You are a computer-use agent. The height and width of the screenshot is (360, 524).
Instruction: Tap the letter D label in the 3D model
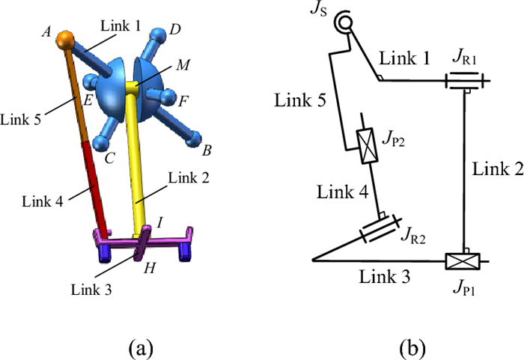click(174, 29)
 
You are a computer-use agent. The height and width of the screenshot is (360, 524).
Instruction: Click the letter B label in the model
click(207, 150)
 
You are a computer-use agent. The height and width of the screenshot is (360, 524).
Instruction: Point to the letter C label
click(110, 158)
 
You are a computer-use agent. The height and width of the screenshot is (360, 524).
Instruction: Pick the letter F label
click(183, 98)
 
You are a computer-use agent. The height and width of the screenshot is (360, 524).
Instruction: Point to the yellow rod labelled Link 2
click(135, 165)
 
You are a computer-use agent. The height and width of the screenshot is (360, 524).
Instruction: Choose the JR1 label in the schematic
click(463, 55)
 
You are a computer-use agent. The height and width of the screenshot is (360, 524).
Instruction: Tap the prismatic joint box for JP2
click(370, 144)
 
